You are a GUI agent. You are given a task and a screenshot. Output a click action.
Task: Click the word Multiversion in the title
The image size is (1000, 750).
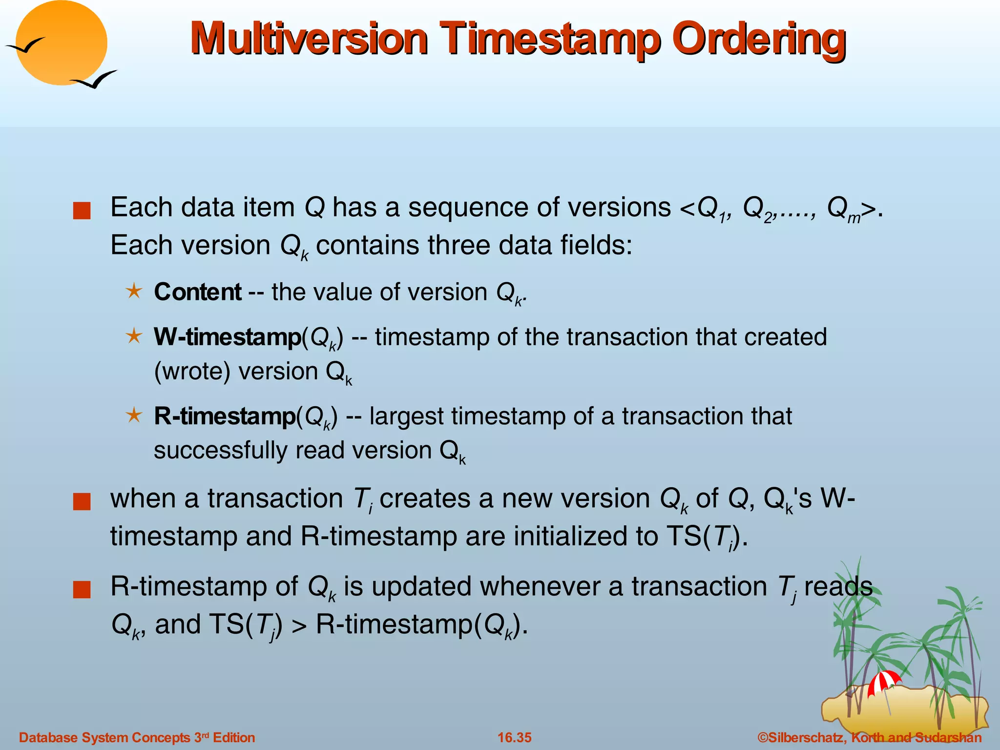[x=309, y=39]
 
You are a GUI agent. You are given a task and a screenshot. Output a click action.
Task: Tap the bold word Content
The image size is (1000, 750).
[x=197, y=292]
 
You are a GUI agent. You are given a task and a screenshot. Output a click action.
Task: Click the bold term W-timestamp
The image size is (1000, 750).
[x=228, y=337]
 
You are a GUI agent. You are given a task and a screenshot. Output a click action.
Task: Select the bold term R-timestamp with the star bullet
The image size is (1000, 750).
[x=225, y=416]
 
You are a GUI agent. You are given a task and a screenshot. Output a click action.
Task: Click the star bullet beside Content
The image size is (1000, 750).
[x=133, y=292]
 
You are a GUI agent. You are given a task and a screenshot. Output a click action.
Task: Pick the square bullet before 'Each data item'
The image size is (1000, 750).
[x=82, y=211]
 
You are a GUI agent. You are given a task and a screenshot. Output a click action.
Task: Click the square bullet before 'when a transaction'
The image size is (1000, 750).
[x=82, y=501]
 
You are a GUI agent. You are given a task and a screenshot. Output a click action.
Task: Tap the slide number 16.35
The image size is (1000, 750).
[x=514, y=737]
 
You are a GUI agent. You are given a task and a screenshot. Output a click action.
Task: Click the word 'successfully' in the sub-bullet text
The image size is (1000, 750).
[x=220, y=450]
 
